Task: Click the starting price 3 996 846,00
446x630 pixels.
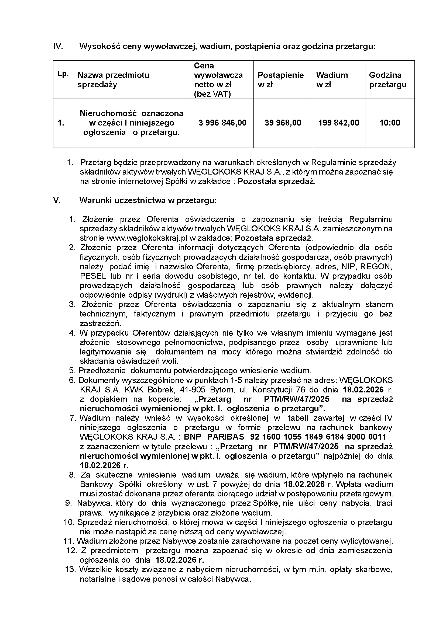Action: (222, 123)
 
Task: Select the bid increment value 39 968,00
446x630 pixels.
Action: (283, 123)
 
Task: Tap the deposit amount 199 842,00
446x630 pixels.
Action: (338, 123)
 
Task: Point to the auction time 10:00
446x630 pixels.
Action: (389, 123)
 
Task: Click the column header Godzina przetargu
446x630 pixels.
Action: (387, 79)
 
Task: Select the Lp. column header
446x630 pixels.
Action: (63, 74)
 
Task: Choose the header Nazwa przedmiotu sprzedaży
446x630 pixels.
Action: (113, 79)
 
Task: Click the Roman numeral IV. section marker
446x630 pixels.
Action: (58, 46)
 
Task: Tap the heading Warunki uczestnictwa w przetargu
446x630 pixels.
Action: (148, 200)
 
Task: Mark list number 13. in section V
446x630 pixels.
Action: (70, 569)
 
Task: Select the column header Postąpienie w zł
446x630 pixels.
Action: (280, 79)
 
